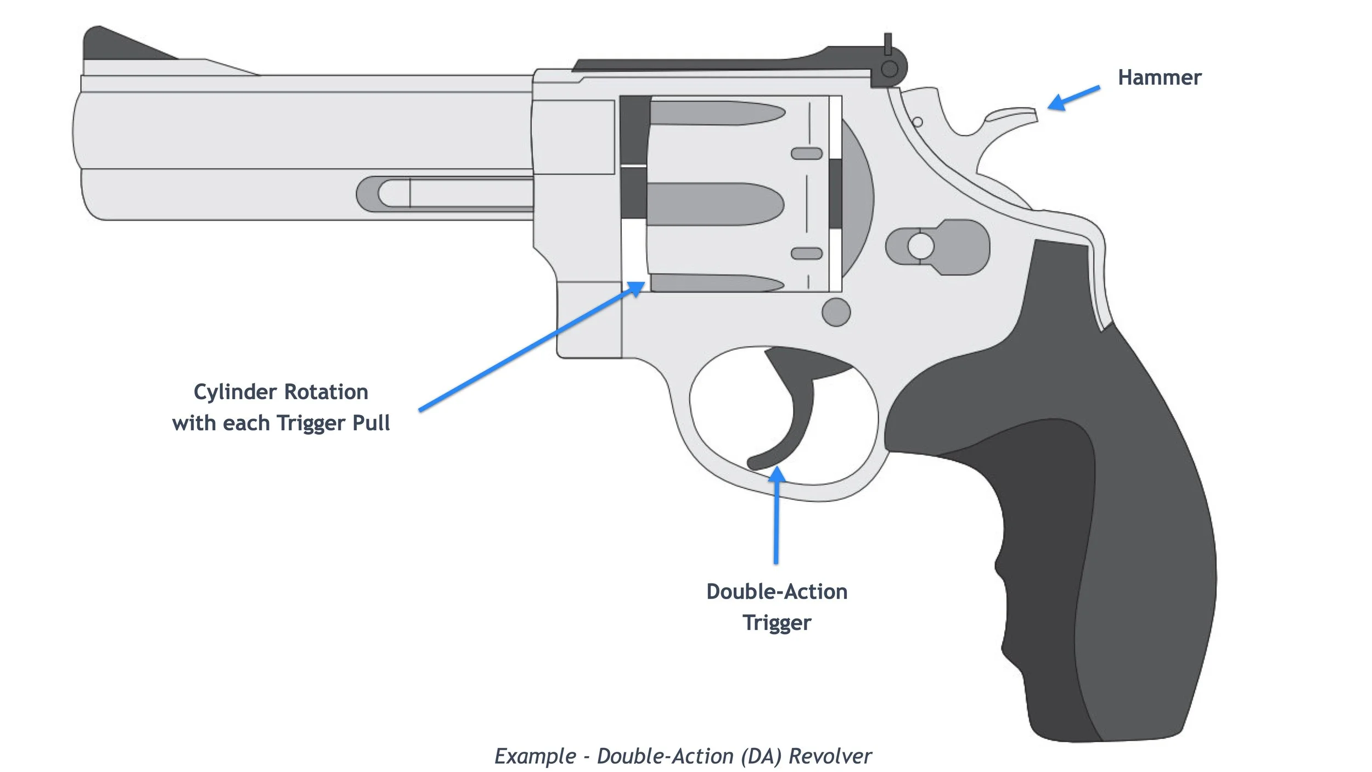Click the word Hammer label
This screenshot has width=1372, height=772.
(1159, 78)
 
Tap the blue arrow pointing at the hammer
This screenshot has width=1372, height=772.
(1073, 98)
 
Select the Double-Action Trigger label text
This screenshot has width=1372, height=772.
(777, 607)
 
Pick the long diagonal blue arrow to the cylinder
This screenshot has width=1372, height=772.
(527, 349)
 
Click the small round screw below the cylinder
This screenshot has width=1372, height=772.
(836, 312)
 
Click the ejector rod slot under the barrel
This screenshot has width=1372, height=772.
(445, 193)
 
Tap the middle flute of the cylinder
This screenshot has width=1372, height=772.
(713, 204)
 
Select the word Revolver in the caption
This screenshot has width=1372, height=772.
(830, 756)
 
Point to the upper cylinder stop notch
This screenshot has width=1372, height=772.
(806, 153)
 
